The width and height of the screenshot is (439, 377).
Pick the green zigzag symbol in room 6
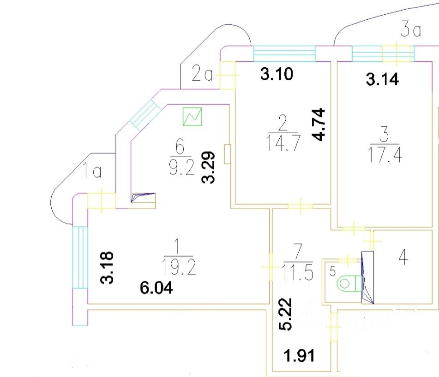tap(193, 117)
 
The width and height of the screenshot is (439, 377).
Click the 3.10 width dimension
tap(277, 74)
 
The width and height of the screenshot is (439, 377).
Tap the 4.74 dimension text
tap(319, 124)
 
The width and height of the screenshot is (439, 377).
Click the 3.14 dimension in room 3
tap(382, 80)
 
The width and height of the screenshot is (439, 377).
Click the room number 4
tap(403, 258)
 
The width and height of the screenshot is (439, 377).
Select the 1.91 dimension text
tap(299, 356)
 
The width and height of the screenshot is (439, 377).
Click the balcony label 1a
tap(92, 172)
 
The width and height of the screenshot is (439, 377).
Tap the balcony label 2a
tap(203, 74)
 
